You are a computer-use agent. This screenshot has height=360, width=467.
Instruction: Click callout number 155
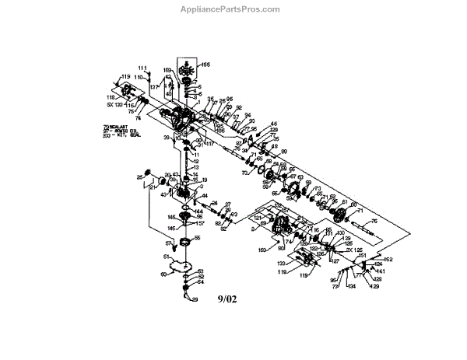(x=205, y=64)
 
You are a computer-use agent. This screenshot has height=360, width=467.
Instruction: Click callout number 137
(x=153, y=87)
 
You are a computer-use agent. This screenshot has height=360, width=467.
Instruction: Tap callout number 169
(x=167, y=71)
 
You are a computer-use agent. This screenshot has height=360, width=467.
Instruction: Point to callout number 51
(x=166, y=256)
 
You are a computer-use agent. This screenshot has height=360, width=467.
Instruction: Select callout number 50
(x=163, y=274)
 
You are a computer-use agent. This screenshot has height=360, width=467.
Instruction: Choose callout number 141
(x=381, y=271)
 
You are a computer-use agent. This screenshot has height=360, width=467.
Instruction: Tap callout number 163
(x=262, y=249)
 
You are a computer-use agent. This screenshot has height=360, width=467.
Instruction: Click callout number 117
(x=209, y=143)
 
